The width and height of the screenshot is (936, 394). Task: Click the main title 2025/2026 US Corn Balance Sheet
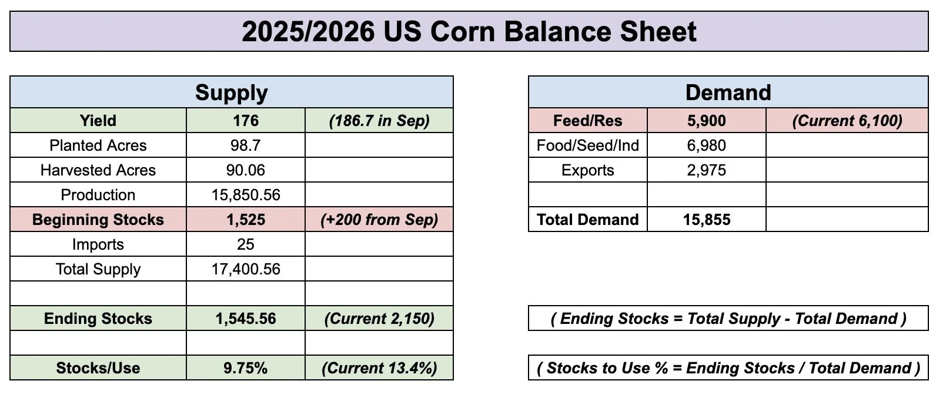(x=469, y=31)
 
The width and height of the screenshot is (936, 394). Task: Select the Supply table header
(x=232, y=92)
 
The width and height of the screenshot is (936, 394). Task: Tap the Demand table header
(x=728, y=92)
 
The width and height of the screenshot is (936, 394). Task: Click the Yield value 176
(x=246, y=121)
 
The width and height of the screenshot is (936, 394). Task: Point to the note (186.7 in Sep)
(x=379, y=121)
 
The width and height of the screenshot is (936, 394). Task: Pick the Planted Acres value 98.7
(x=246, y=145)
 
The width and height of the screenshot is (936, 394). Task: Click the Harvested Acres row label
(x=98, y=170)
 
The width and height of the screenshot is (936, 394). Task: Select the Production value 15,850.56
(x=246, y=195)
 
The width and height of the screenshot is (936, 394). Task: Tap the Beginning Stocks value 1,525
(x=246, y=220)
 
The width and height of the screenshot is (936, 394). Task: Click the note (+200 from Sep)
(x=379, y=220)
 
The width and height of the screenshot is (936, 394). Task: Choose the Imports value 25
(x=246, y=244)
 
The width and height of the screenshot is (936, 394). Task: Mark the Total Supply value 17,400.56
(x=246, y=269)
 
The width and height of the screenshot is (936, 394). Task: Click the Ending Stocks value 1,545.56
(x=246, y=318)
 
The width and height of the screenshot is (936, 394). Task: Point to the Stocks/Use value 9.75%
(x=246, y=367)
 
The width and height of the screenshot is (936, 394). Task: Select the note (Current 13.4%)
(x=379, y=367)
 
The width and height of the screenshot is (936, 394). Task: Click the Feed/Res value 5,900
(x=707, y=121)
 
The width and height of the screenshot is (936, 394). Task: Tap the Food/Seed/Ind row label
(x=587, y=145)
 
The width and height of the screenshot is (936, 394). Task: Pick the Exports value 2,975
(x=707, y=170)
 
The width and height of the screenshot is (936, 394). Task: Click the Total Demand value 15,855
(x=707, y=220)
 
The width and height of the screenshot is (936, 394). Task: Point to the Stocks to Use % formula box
(x=728, y=367)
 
